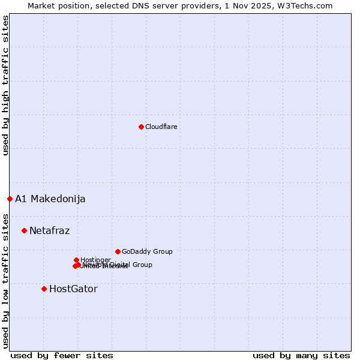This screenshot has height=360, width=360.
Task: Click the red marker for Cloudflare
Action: click(x=141, y=127)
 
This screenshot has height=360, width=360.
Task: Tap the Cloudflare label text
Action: click(x=161, y=127)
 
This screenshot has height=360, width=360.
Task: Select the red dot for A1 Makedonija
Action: click(x=10, y=199)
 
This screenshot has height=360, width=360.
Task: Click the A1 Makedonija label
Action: click(x=50, y=199)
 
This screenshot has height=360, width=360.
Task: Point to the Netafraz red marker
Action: click(x=24, y=230)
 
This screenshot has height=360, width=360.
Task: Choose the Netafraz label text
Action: click(x=49, y=230)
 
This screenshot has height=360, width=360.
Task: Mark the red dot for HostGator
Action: click(x=44, y=289)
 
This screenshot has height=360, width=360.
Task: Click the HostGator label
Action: click(x=73, y=289)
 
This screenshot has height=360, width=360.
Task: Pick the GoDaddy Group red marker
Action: click(x=118, y=251)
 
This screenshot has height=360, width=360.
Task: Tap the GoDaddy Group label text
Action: click(x=147, y=251)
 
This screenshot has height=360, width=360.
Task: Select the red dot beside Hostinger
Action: click(x=76, y=260)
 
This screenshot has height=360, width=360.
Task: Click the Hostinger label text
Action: click(x=95, y=260)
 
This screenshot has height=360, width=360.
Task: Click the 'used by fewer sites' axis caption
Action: click(x=62, y=355)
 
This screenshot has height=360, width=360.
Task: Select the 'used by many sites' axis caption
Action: click(x=301, y=355)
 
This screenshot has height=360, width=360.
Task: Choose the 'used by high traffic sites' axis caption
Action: click(x=5, y=86)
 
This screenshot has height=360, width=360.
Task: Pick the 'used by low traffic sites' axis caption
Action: click(x=5, y=280)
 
